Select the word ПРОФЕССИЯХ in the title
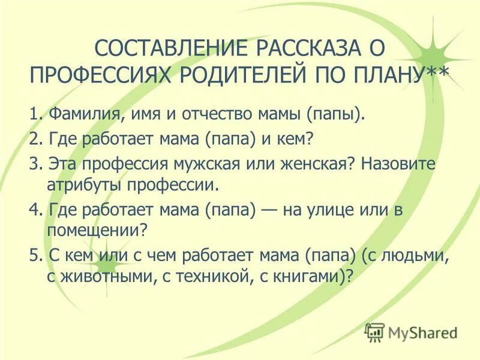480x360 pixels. [100, 76]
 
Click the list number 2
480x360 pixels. [34, 139]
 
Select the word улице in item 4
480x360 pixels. [330, 211]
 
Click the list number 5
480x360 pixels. [34, 256]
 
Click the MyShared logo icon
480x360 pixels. [375, 331]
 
